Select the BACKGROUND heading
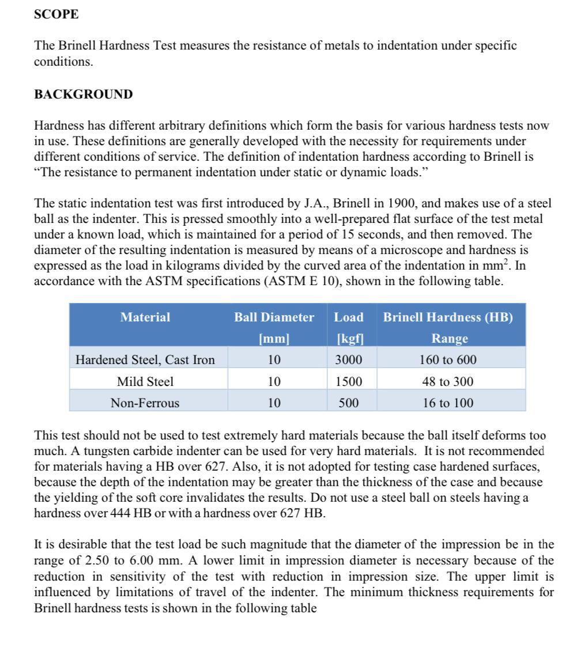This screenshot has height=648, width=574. tap(83, 94)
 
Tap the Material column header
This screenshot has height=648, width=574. tap(145, 317)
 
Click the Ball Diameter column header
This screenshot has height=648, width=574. tap(274, 317)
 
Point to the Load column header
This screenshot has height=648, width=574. tap(349, 317)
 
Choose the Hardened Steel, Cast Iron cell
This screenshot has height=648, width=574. tap(145, 360)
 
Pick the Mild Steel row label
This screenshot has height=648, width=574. tap(145, 381)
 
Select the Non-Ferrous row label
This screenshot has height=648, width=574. tap(145, 403)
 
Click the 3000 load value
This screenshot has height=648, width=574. tap(349, 360)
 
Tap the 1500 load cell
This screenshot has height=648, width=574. tap(349, 381)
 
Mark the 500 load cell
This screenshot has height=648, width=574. tap(349, 403)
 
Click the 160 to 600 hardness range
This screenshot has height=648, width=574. tap(449, 360)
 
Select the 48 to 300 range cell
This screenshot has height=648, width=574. tap(449, 381)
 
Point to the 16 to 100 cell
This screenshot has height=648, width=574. tap(449, 403)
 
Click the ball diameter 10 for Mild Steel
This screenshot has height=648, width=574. tap(274, 381)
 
